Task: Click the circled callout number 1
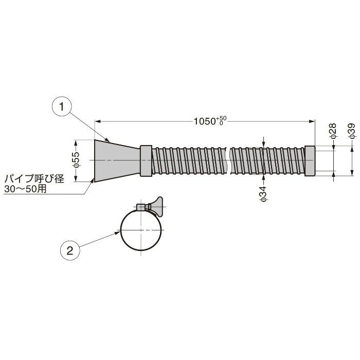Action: (x=62, y=107)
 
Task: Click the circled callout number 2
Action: (x=70, y=250)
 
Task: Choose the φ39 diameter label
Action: (x=351, y=131)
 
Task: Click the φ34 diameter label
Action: (x=263, y=194)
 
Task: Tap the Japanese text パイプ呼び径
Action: (x=34, y=179)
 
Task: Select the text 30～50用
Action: (x=25, y=189)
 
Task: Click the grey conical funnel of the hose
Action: (x=117, y=160)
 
